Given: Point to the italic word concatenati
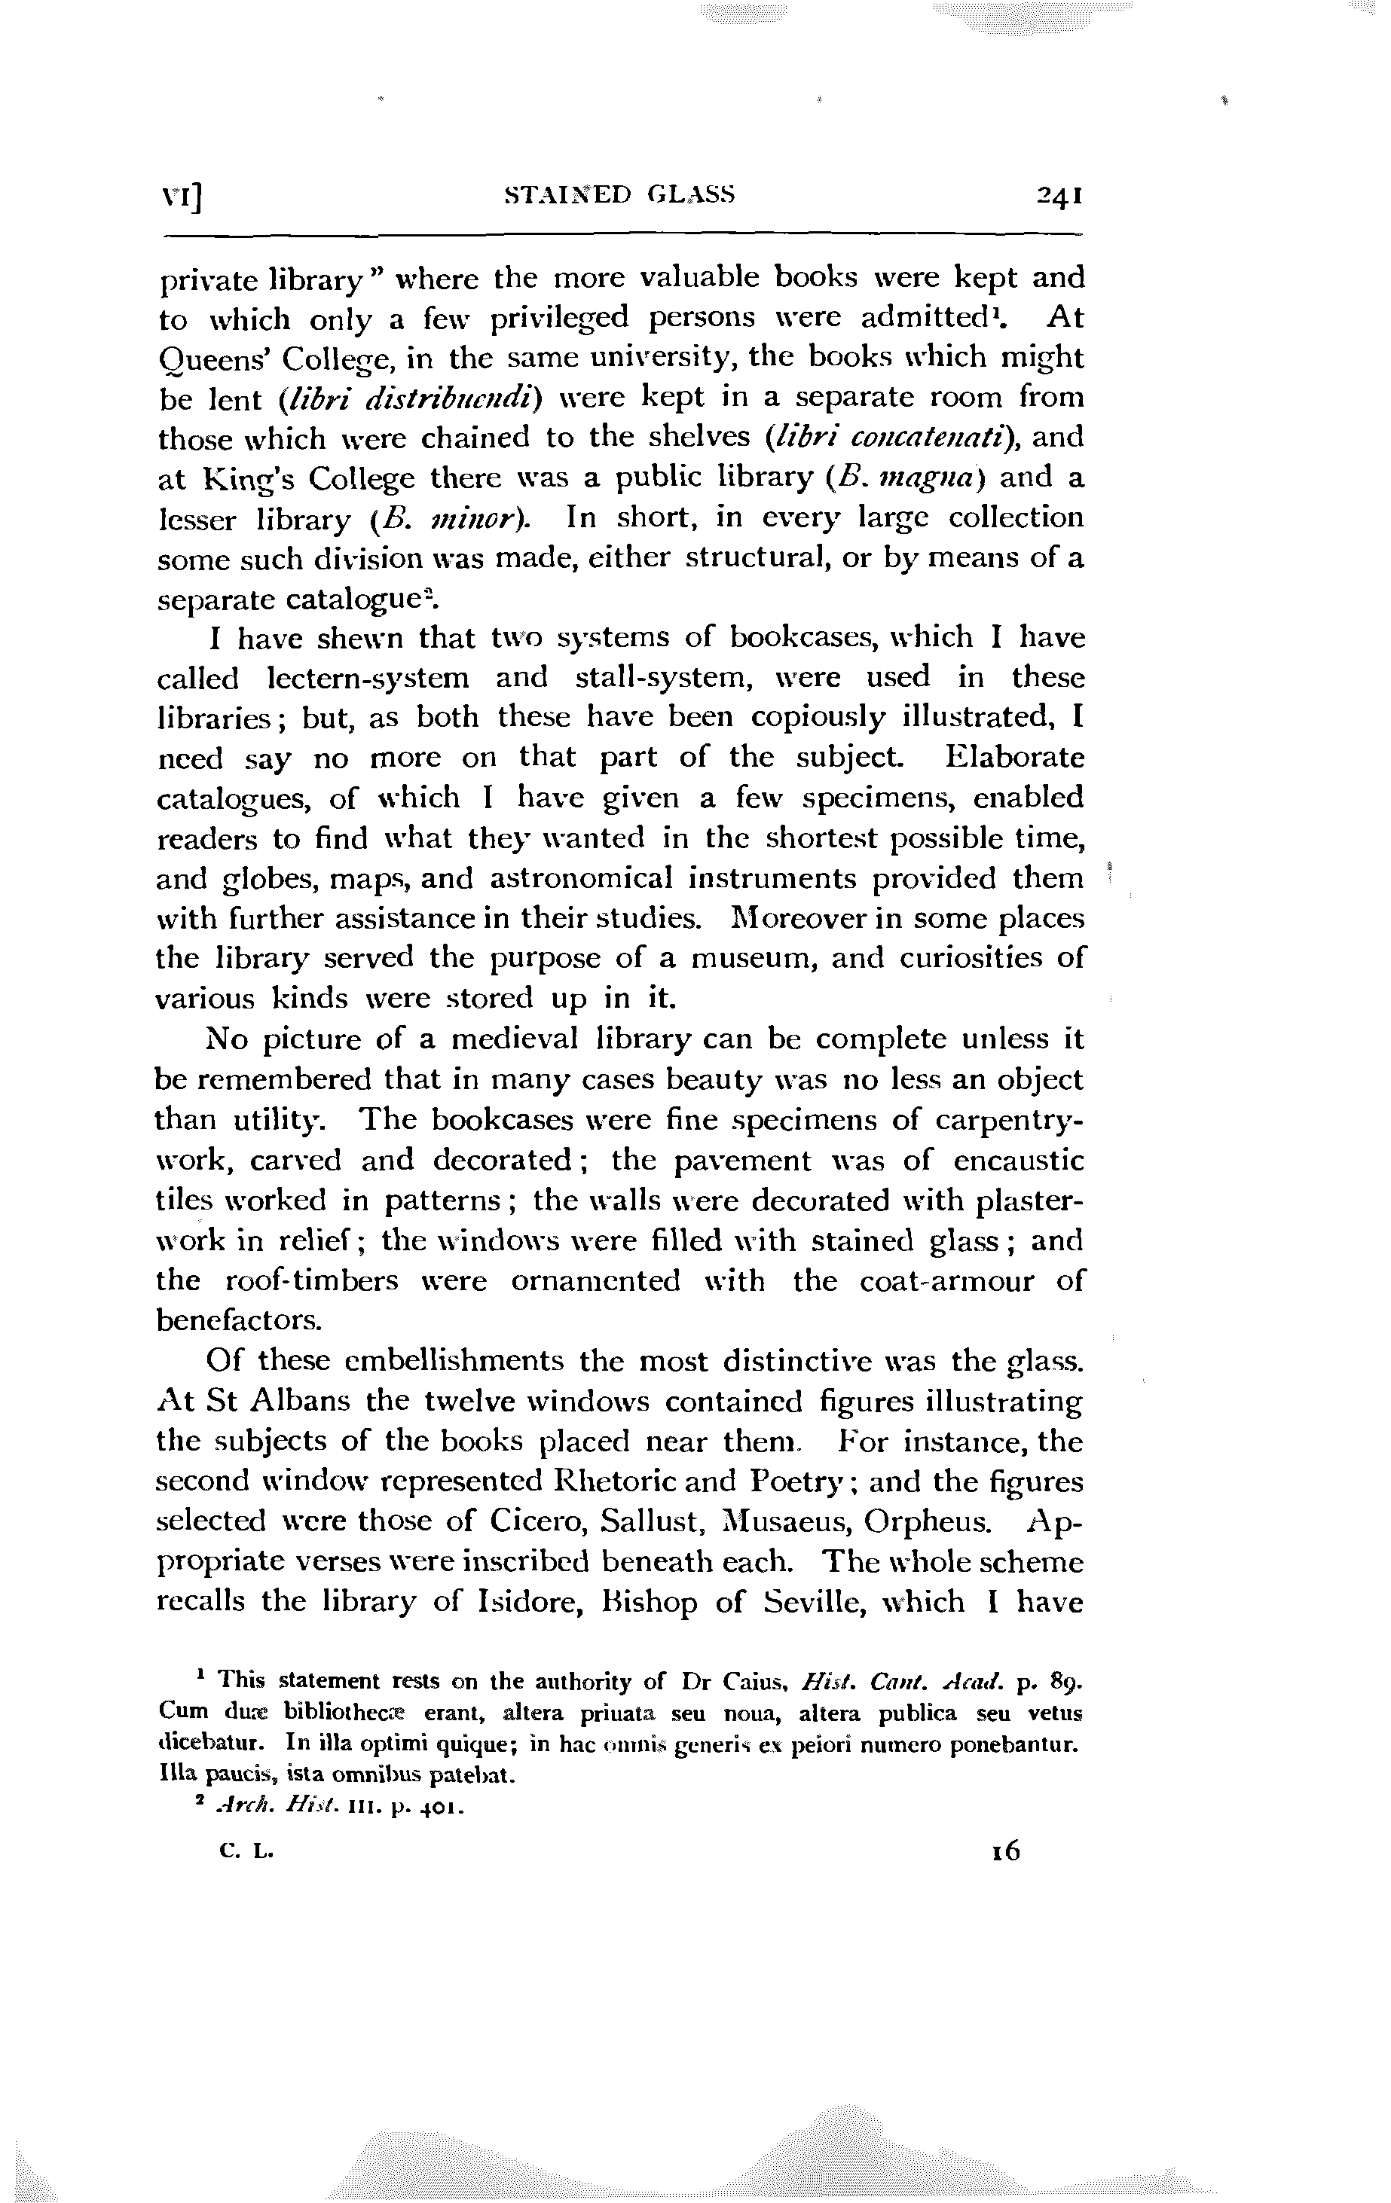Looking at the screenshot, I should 891,438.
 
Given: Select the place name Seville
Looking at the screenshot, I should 815,1602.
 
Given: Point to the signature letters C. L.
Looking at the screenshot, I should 246,1852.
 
